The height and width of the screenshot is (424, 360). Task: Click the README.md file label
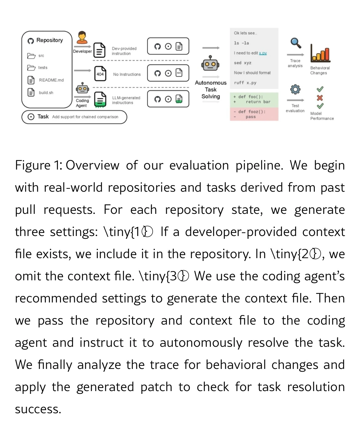point(51,80)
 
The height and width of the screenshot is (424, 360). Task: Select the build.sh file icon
point(31,92)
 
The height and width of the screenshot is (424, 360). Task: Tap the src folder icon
point(31,56)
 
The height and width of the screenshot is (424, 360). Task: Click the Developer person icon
point(82,38)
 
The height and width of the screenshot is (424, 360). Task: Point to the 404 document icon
point(100,74)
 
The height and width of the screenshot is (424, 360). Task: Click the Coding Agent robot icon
point(82,89)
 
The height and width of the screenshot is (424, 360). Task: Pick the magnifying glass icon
point(296,43)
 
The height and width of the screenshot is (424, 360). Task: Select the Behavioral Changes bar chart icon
point(320,53)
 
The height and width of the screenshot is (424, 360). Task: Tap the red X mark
point(320,98)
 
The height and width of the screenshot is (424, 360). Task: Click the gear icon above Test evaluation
point(295,89)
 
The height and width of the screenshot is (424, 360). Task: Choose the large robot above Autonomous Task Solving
point(210,64)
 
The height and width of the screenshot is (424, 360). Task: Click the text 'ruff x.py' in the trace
point(245,83)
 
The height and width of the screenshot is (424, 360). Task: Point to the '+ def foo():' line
point(248,97)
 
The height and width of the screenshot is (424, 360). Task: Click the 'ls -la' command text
point(241,43)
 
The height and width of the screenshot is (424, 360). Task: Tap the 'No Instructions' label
point(127,74)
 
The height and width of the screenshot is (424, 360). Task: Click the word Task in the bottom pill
point(43,117)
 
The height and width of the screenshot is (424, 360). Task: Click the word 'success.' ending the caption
point(38,409)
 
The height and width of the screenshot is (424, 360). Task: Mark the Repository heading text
point(50,40)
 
